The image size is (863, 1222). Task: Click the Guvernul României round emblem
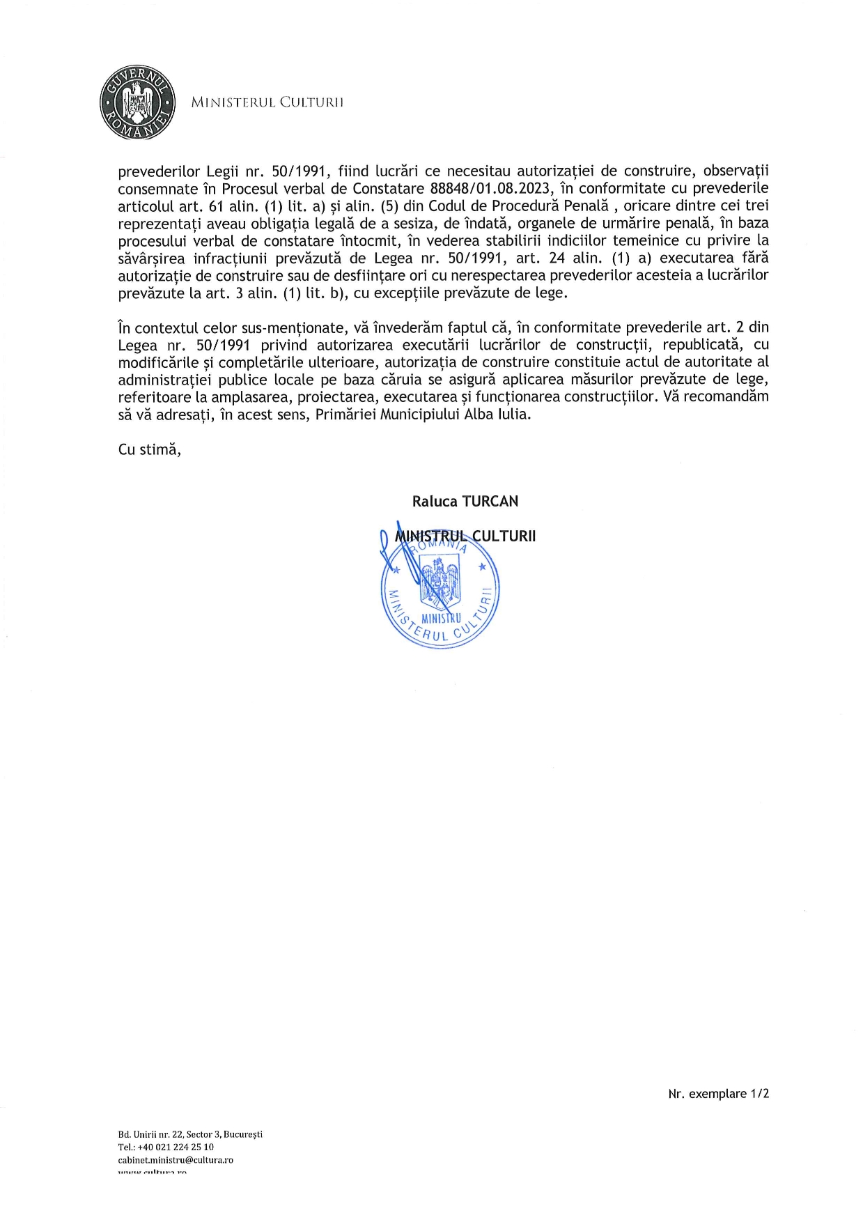click(137, 102)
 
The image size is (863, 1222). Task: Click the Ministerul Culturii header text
click(267, 102)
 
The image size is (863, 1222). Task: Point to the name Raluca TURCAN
click(465, 502)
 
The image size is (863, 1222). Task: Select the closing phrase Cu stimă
click(150, 449)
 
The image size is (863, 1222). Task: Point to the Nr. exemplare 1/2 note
click(718, 1094)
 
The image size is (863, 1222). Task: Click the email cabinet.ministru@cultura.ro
click(176, 1160)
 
